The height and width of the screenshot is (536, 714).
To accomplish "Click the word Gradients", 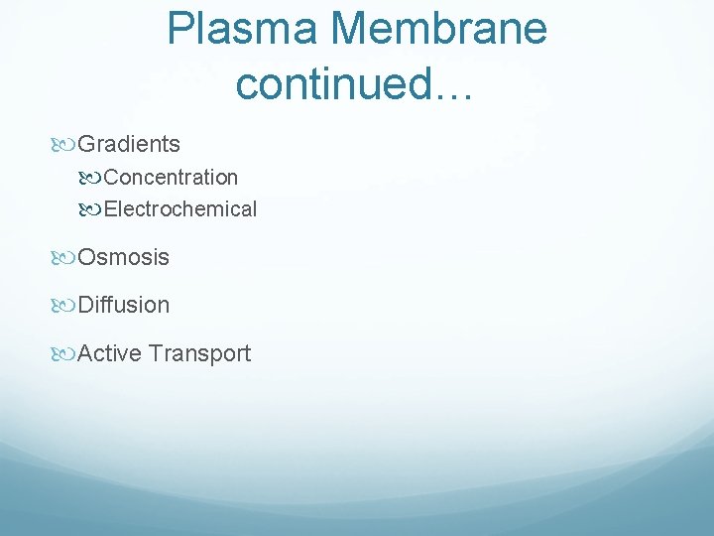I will point(129,144).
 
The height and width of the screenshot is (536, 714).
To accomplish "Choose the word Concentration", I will point(171,178).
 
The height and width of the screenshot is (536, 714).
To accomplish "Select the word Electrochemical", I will point(180,209).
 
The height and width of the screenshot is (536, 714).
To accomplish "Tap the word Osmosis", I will point(124,257).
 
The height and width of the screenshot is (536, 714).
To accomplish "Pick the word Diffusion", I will point(124,305).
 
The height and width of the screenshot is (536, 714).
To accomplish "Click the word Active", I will point(109,353).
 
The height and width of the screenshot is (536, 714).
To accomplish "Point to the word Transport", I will point(199,353).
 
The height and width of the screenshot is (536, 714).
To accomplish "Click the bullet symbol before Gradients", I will point(64,145).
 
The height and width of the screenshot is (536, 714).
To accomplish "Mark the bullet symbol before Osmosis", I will point(64,258).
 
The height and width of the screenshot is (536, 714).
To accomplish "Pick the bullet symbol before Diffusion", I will point(64,306).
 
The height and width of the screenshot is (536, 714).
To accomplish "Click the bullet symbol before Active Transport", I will point(64,354).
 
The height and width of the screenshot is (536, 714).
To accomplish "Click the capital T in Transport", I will point(156,353).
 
